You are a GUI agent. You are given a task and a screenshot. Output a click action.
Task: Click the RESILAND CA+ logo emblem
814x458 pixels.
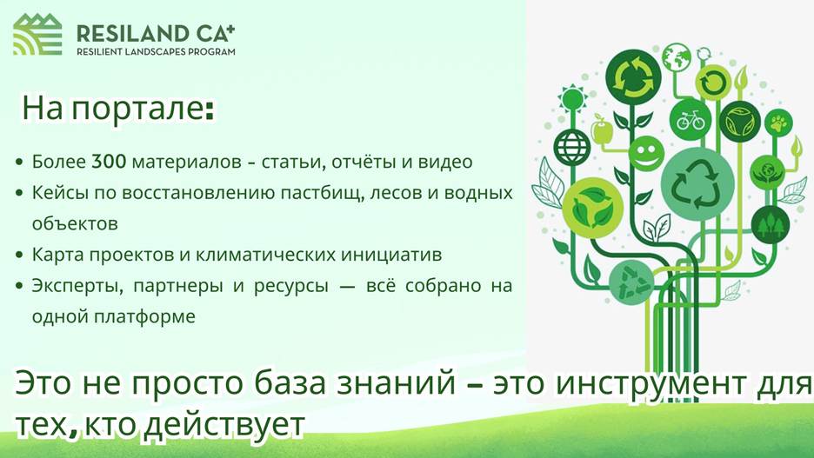(x=37, y=34)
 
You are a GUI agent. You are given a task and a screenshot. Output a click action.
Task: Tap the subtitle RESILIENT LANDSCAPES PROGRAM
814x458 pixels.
(x=156, y=52)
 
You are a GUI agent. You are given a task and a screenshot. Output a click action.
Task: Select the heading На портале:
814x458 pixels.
(x=118, y=109)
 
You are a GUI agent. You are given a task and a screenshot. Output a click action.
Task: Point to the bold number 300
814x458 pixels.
(x=109, y=162)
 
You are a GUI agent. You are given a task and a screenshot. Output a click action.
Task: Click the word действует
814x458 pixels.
(x=224, y=425)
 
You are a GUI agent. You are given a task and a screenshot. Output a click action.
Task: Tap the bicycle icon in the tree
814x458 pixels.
(x=690, y=120)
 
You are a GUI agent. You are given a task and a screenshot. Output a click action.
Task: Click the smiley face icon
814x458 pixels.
(x=646, y=153)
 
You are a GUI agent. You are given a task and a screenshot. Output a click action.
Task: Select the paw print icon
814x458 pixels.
(x=778, y=123)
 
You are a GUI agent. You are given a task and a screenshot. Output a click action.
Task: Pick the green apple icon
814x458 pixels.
(x=602, y=129)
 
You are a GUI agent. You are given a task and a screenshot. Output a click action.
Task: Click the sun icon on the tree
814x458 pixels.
(x=572, y=98)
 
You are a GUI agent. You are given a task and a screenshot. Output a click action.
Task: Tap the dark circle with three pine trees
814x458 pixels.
(x=770, y=224)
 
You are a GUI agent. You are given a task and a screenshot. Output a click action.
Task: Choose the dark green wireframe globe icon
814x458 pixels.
(x=572, y=147)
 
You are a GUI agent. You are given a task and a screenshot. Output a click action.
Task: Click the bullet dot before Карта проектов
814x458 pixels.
(x=20, y=256)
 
